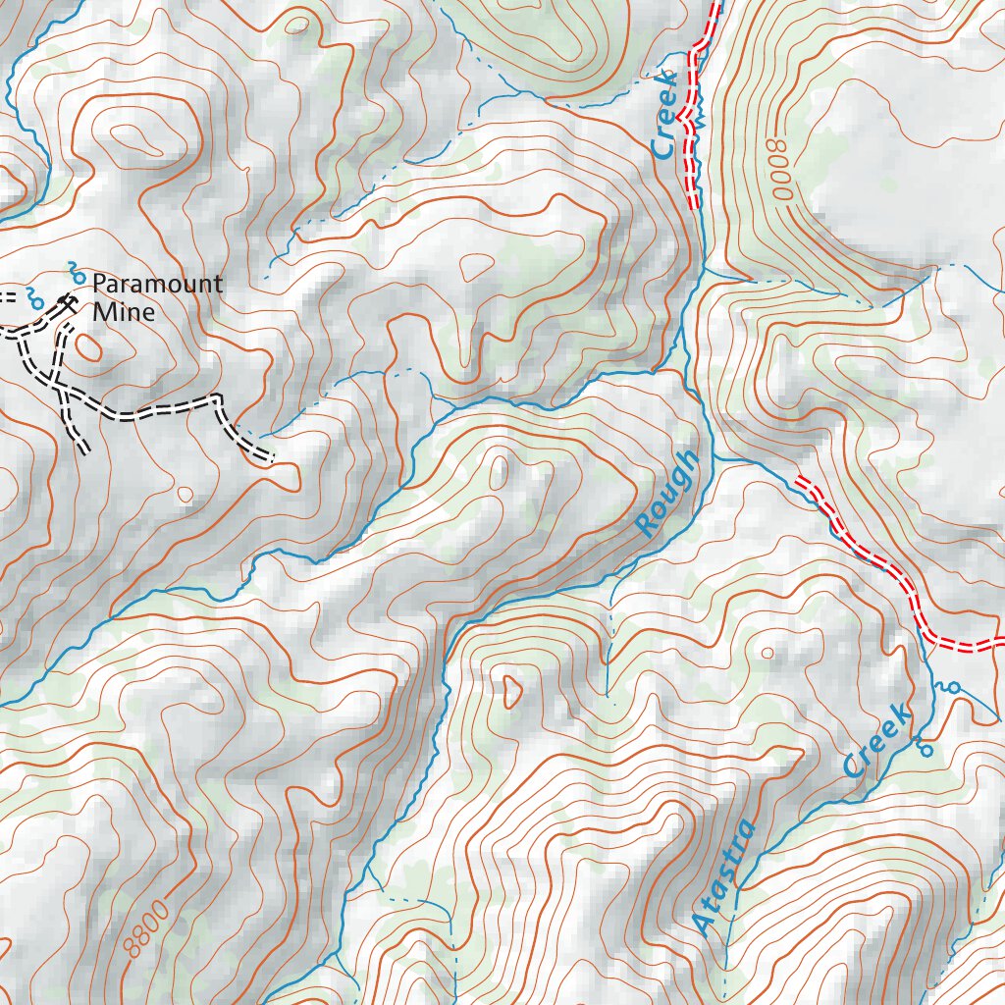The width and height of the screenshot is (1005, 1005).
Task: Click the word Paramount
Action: click(x=157, y=285)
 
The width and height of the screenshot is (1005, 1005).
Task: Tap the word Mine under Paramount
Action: click(x=124, y=313)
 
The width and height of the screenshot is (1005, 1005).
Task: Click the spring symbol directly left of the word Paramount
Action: click(x=76, y=271)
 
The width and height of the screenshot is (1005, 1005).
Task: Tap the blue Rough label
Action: click(x=668, y=494)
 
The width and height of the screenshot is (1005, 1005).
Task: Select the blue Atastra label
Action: click(x=725, y=876)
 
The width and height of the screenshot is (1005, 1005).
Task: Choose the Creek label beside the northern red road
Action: click(x=665, y=115)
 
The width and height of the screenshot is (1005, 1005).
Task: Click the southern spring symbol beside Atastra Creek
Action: click(x=923, y=748)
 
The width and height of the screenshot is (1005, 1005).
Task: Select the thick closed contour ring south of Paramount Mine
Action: click(x=86, y=346)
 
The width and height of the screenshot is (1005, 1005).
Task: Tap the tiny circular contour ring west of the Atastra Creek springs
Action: click(x=767, y=653)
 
